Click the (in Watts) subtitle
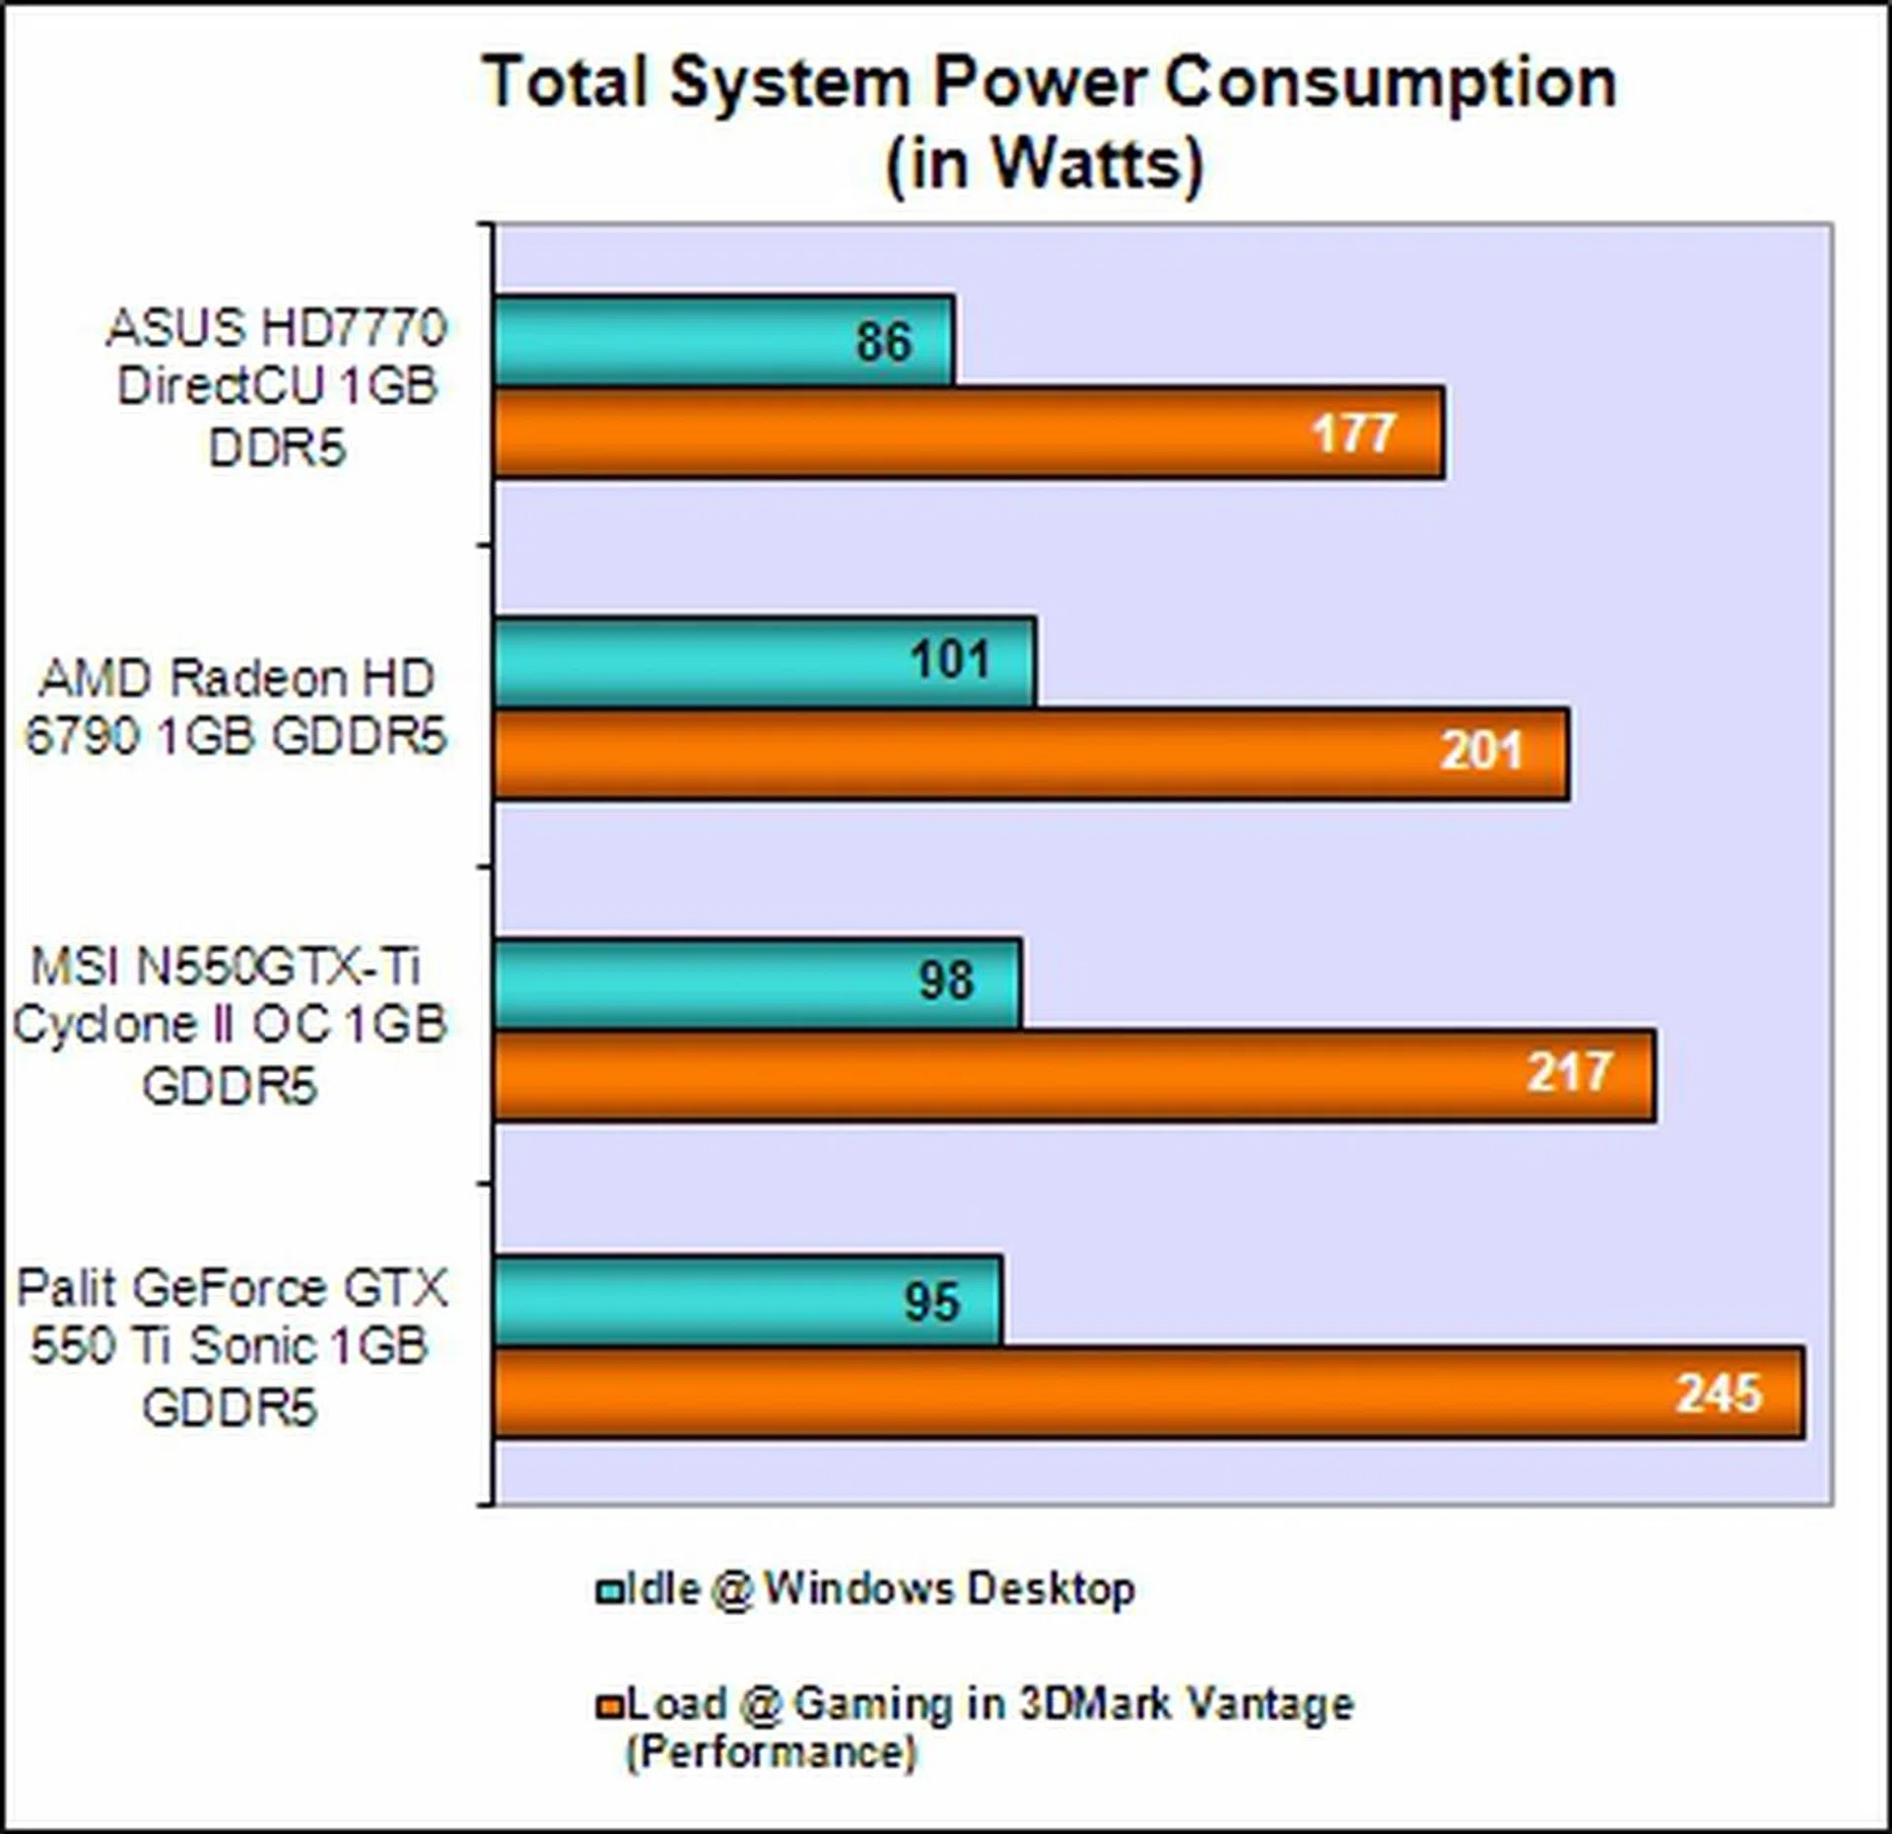[x=1045, y=164]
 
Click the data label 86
[x=884, y=342]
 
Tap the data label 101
[x=949, y=660]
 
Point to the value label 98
[x=946, y=982]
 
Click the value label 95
[x=931, y=1302]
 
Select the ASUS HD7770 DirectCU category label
[x=277, y=386]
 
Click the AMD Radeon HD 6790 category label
[x=236, y=707]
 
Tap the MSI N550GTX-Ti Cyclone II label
[x=230, y=1025]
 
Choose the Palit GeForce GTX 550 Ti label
[x=232, y=1346]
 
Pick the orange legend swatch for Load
[x=609, y=1706]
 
